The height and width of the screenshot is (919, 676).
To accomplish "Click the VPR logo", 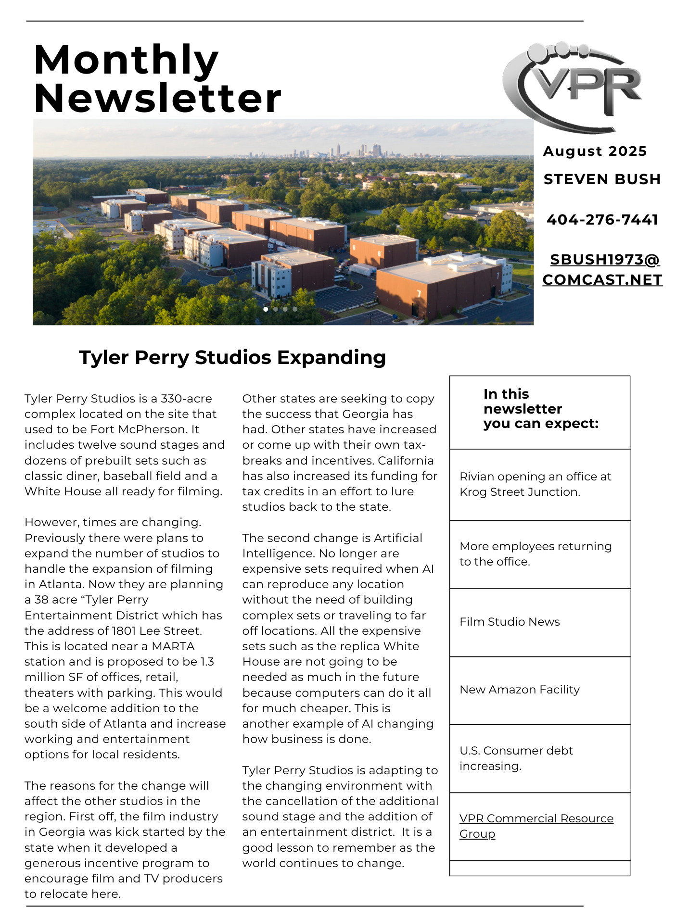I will (573, 87).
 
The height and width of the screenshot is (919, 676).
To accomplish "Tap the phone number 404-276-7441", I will (602, 220).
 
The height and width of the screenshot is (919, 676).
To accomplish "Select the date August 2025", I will (595, 151).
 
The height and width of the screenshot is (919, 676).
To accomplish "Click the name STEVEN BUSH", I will (602, 179).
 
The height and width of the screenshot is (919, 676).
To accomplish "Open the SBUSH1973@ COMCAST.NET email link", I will (602, 269).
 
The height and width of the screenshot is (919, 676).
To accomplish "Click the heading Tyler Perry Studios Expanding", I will (232, 357).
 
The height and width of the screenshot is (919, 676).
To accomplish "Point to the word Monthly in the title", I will (126, 60).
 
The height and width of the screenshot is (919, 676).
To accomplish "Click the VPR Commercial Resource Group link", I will (536, 826).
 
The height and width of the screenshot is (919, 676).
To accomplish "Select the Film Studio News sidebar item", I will (510, 622).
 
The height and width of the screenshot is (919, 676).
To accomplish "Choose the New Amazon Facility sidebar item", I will (520, 690).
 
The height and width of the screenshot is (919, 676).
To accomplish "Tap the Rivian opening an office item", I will (535, 484).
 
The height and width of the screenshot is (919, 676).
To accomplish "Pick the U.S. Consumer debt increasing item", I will (516, 758).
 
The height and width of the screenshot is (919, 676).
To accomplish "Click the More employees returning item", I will (535, 554).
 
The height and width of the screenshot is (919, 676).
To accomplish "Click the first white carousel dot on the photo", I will (266, 309).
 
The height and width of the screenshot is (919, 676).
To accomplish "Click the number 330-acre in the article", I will (186, 399).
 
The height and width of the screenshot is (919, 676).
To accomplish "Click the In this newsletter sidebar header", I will (541, 409).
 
